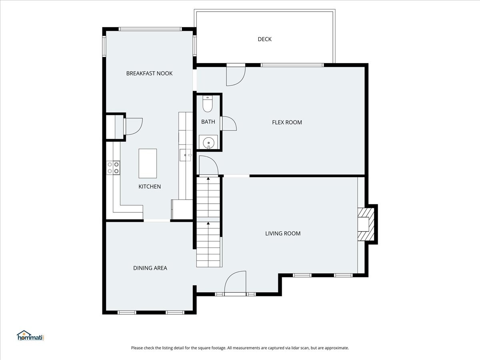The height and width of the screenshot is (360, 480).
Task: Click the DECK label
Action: [x=265, y=39]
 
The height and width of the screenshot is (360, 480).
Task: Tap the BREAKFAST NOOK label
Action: [x=149, y=74]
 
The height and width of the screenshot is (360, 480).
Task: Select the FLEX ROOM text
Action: [x=287, y=122]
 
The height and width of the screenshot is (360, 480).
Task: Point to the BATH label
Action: [x=208, y=122]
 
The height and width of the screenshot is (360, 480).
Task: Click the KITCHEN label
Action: [x=150, y=186]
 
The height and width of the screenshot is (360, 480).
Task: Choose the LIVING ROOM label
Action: [x=283, y=234]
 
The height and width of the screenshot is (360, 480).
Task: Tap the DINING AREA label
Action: [x=150, y=268]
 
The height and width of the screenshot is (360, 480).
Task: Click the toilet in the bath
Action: [x=208, y=104]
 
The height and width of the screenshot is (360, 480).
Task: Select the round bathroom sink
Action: [x=208, y=142]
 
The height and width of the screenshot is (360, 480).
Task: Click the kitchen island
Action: [x=148, y=164]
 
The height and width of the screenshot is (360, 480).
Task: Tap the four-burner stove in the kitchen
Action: [x=113, y=168]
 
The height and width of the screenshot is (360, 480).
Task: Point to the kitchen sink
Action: [x=186, y=155]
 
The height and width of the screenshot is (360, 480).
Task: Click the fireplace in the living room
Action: [x=366, y=224]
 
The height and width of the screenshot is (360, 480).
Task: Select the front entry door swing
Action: [x=235, y=282]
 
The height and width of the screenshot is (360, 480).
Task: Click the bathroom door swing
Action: [x=228, y=124]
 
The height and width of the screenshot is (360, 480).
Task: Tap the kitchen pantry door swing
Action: [x=133, y=126]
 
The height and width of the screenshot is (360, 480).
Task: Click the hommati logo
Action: [x=30, y=336]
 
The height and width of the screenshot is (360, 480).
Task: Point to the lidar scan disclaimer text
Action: [x=240, y=348]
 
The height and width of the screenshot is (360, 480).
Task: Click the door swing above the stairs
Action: [x=208, y=166]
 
